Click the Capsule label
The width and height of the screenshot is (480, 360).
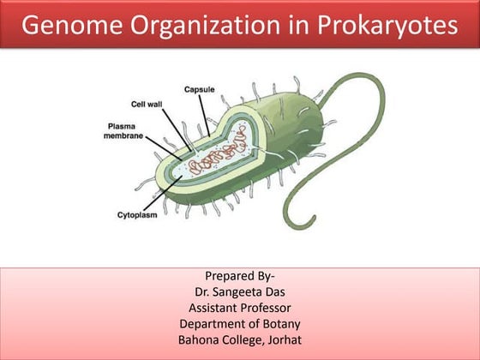(x=199, y=89)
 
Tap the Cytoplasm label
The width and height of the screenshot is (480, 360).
(x=140, y=215)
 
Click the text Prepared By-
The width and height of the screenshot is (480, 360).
(x=240, y=275)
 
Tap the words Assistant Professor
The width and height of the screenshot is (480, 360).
(x=240, y=308)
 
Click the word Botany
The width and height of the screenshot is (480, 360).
(x=281, y=324)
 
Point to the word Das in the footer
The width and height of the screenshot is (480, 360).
(x=281, y=291)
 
